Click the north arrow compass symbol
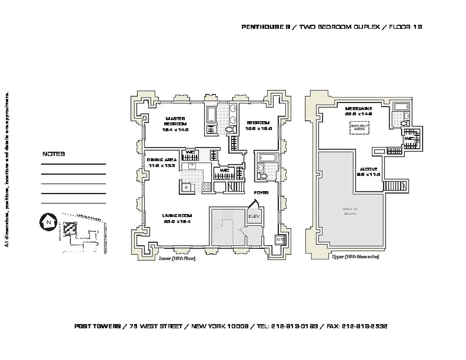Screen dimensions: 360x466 pyautogui.click(x=47, y=222)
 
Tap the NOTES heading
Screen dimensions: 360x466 pyautogui.click(x=54, y=154)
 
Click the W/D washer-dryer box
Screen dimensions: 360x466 pyautogui.click(x=279, y=238)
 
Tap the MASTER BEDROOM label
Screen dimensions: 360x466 pyautogui.click(x=175, y=121)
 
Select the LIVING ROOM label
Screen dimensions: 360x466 pyautogui.click(x=177, y=216)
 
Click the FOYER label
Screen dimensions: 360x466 pyautogui.click(x=261, y=193)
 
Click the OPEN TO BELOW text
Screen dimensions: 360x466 pyautogui.click(x=350, y=211)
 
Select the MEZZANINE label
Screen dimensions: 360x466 pyautogui.click(x=358, y=108)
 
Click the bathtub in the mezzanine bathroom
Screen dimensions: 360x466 pyautogui.click(x=400, y=107)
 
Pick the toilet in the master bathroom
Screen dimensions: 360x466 pyautogui.click(x=229, y=130)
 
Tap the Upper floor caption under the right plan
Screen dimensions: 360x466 pyautogui.click(x=355, y=256)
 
